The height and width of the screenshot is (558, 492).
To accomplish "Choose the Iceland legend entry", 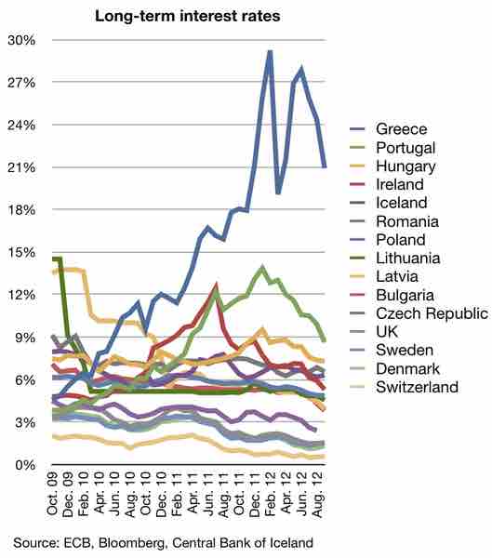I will pos(401,203).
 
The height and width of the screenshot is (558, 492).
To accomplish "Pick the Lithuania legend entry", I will pos(408,258).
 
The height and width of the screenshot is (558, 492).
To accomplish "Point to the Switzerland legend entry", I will pos(417,387).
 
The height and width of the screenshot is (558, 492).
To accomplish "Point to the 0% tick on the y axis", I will pos(24,465).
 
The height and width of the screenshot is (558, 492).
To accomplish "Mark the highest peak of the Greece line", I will pos(270,52).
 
